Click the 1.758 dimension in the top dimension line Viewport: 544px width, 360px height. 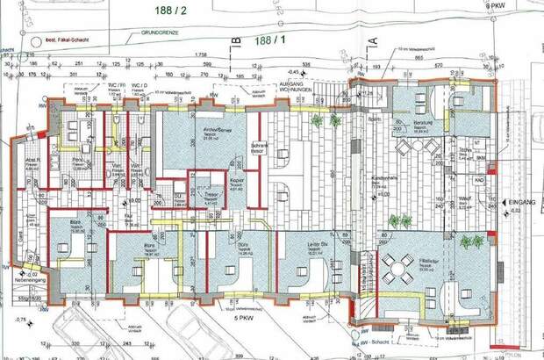(x=201, y=54)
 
